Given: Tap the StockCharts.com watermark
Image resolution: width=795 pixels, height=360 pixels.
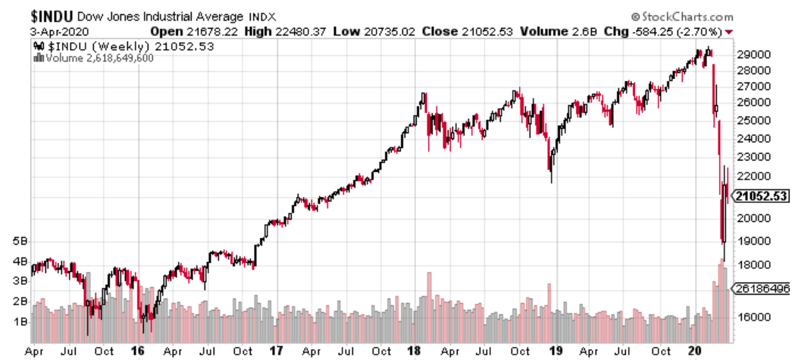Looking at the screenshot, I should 681,16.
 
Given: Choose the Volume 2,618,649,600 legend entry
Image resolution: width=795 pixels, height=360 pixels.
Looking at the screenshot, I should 99,58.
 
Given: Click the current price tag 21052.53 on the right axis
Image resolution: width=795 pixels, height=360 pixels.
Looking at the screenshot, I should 760,196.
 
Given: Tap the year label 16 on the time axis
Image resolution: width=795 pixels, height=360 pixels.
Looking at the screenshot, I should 137,351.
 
